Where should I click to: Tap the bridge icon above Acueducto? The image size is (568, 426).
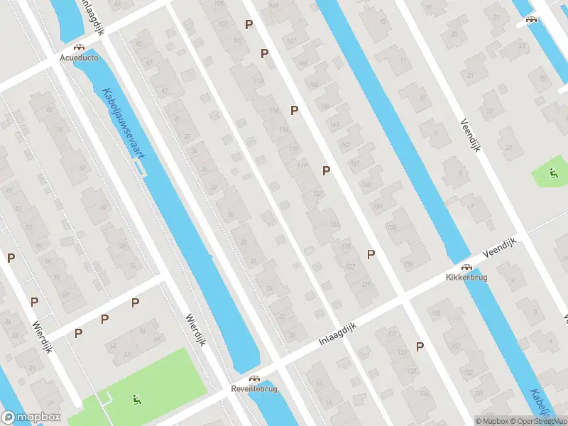pos(79,45)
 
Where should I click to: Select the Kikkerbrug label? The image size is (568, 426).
pos(466,278)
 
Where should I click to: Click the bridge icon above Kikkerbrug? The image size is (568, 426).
pos(466,267)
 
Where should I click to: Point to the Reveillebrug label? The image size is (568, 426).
pos(253,389)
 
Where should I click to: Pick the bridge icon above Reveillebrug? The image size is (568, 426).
pos(253,378)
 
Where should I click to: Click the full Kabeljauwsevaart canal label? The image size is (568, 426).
pos(121,124)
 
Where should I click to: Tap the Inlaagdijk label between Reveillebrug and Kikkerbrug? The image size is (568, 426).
pos(337,334)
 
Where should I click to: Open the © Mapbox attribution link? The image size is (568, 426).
pos(491,421)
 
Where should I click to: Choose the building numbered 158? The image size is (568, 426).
pos(391,227)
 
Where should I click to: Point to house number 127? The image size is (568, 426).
pos(350,266)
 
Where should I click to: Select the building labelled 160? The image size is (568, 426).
pos(366,186)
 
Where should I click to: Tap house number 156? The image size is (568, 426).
pos(408,264)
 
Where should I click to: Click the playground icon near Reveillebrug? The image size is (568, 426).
pos(136,400)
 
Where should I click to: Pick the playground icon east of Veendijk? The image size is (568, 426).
pos(553,173)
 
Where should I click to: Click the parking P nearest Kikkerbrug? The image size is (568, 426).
pos(371,254)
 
